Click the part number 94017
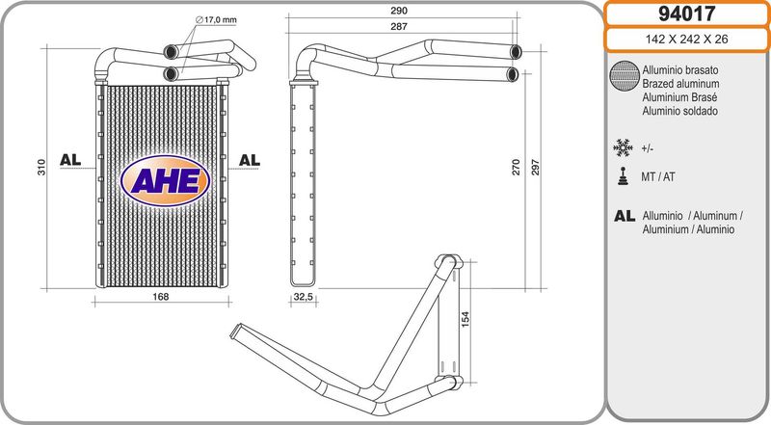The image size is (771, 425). pos(686,13)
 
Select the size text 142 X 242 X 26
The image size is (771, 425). pos(686,40)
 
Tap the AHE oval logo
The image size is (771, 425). pos(165,180)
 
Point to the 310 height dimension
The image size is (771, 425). pos(41,168)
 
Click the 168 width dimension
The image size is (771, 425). pos(160,297)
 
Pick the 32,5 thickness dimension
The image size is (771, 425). pos(303,297)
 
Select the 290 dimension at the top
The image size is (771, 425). pos(399,11)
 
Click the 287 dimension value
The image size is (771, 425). pos(399,27)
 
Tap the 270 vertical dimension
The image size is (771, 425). pos(516,168)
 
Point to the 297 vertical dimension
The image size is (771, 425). pos(536,168)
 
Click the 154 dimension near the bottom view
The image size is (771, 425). pos(465,320)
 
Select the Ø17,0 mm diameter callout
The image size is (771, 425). pos(216,20)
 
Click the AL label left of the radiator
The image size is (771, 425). pos(70,160)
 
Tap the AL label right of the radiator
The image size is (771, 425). pos(250,160)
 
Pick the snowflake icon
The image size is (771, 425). pos(623,148)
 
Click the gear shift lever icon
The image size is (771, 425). pos(623,176)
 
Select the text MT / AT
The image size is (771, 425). pos(658,176)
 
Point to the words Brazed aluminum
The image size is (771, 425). pos(680,84)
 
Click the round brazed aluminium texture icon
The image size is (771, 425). pos(624,76)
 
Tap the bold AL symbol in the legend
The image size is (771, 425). pos(625,216)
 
